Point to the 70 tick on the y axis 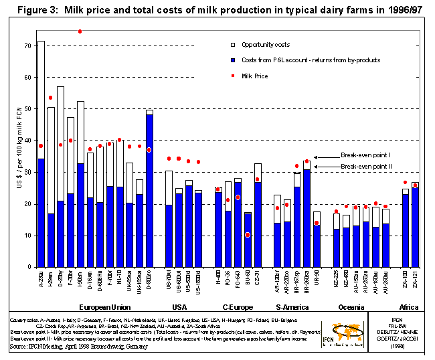[x=27, y=46]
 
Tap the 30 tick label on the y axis [x=27, y=172]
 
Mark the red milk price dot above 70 [x=80, y=31]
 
